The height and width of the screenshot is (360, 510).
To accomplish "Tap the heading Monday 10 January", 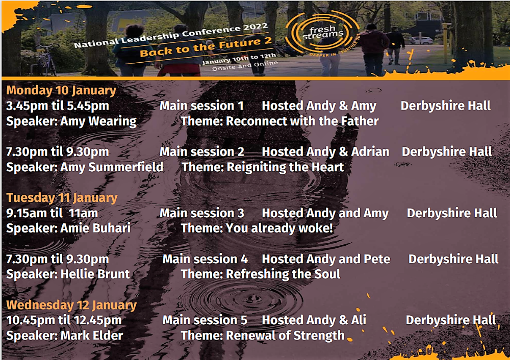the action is tap(61, 90).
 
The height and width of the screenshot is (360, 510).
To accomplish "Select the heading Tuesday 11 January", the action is tap(62, 197).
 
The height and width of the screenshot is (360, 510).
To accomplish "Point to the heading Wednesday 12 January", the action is tap(71, 305).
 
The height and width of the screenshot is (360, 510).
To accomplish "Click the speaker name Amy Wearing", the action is tap(98, 121).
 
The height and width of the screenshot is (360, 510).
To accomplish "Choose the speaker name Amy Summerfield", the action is tap(112, 167).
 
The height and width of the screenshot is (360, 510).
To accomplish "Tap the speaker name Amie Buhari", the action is tap(95, 228).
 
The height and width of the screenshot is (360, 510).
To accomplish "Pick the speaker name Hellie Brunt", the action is tap(95, 274).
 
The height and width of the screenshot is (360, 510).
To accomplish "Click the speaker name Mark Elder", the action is tap(92, 336).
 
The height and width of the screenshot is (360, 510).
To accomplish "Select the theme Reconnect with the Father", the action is tap(302, 121).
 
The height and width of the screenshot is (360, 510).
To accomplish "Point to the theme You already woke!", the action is tap(279, 228).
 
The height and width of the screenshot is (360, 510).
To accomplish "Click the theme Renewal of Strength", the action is tap(285, 336).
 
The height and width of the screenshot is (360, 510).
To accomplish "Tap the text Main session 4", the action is tap(205, 259).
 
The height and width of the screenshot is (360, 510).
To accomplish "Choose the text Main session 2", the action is tap(201, 151).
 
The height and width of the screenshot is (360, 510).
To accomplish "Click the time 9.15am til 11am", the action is tap(52, 213).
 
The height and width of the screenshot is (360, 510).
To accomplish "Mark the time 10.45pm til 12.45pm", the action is tap(64, 320).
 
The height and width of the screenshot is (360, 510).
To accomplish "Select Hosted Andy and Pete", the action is tap(326, 259).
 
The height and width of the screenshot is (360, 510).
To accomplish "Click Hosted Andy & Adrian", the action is tap(325, 151).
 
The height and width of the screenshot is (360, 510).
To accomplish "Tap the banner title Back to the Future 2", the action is tap(206, 47).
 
